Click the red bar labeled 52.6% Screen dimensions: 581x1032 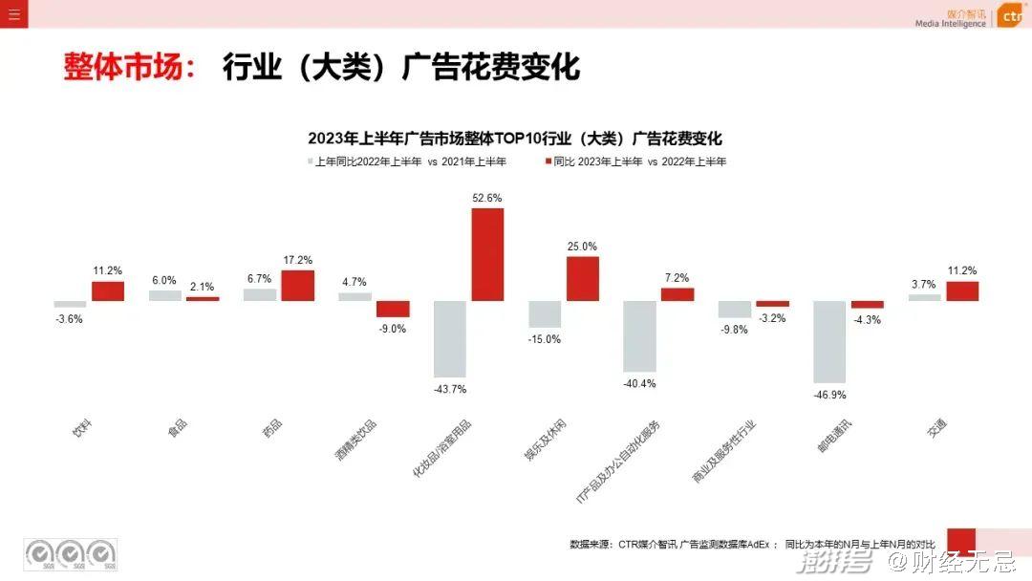click(487, 254)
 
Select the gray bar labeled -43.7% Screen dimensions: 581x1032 click(450, 338)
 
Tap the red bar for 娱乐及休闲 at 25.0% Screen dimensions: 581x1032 click(583, 278)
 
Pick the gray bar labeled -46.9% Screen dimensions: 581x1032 click(829, 341)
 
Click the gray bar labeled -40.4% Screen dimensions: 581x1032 click(639, 335)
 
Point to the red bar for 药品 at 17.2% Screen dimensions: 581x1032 click(298, 285)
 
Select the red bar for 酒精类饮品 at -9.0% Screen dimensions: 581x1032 click(393, 309)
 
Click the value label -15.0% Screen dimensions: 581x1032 click(545, 339)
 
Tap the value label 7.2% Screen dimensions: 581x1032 click(677, 278)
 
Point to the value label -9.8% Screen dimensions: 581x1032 click(734, 330)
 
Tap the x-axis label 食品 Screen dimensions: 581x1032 click(178, 428)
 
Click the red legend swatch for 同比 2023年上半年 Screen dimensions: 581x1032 click(548, 161)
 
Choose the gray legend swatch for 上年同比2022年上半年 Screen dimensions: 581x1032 click(311, 161)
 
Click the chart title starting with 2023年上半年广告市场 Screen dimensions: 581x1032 click(515, 139)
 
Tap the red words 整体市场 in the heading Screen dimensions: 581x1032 click(129, 68)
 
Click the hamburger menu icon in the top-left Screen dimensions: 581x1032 click(13, 13)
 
